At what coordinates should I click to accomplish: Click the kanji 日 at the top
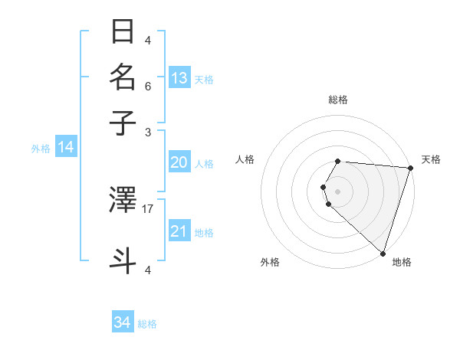point(123,33)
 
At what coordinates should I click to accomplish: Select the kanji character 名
point(123,77)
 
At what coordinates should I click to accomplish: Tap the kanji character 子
point(123,123)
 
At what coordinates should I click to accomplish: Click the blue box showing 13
point(179,78)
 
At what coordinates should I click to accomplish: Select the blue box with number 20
point(179,162)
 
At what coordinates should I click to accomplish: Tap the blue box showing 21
point(179,231)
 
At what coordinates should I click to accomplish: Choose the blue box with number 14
point(65,147)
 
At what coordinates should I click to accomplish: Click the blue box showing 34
point(122,322)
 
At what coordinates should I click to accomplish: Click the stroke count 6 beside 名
point(148,86)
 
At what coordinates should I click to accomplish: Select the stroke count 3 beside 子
point(148,132)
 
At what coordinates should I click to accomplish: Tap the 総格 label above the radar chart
point(338,100)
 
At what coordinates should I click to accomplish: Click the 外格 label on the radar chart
point(270,262)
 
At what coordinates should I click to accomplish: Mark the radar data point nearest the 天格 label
point(410,168)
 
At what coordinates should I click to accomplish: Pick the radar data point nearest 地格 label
point(383,253)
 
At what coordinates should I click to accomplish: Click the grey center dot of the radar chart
point(338,191)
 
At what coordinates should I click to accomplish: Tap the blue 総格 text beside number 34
point(147,324)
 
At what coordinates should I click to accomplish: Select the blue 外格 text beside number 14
point(41,149)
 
